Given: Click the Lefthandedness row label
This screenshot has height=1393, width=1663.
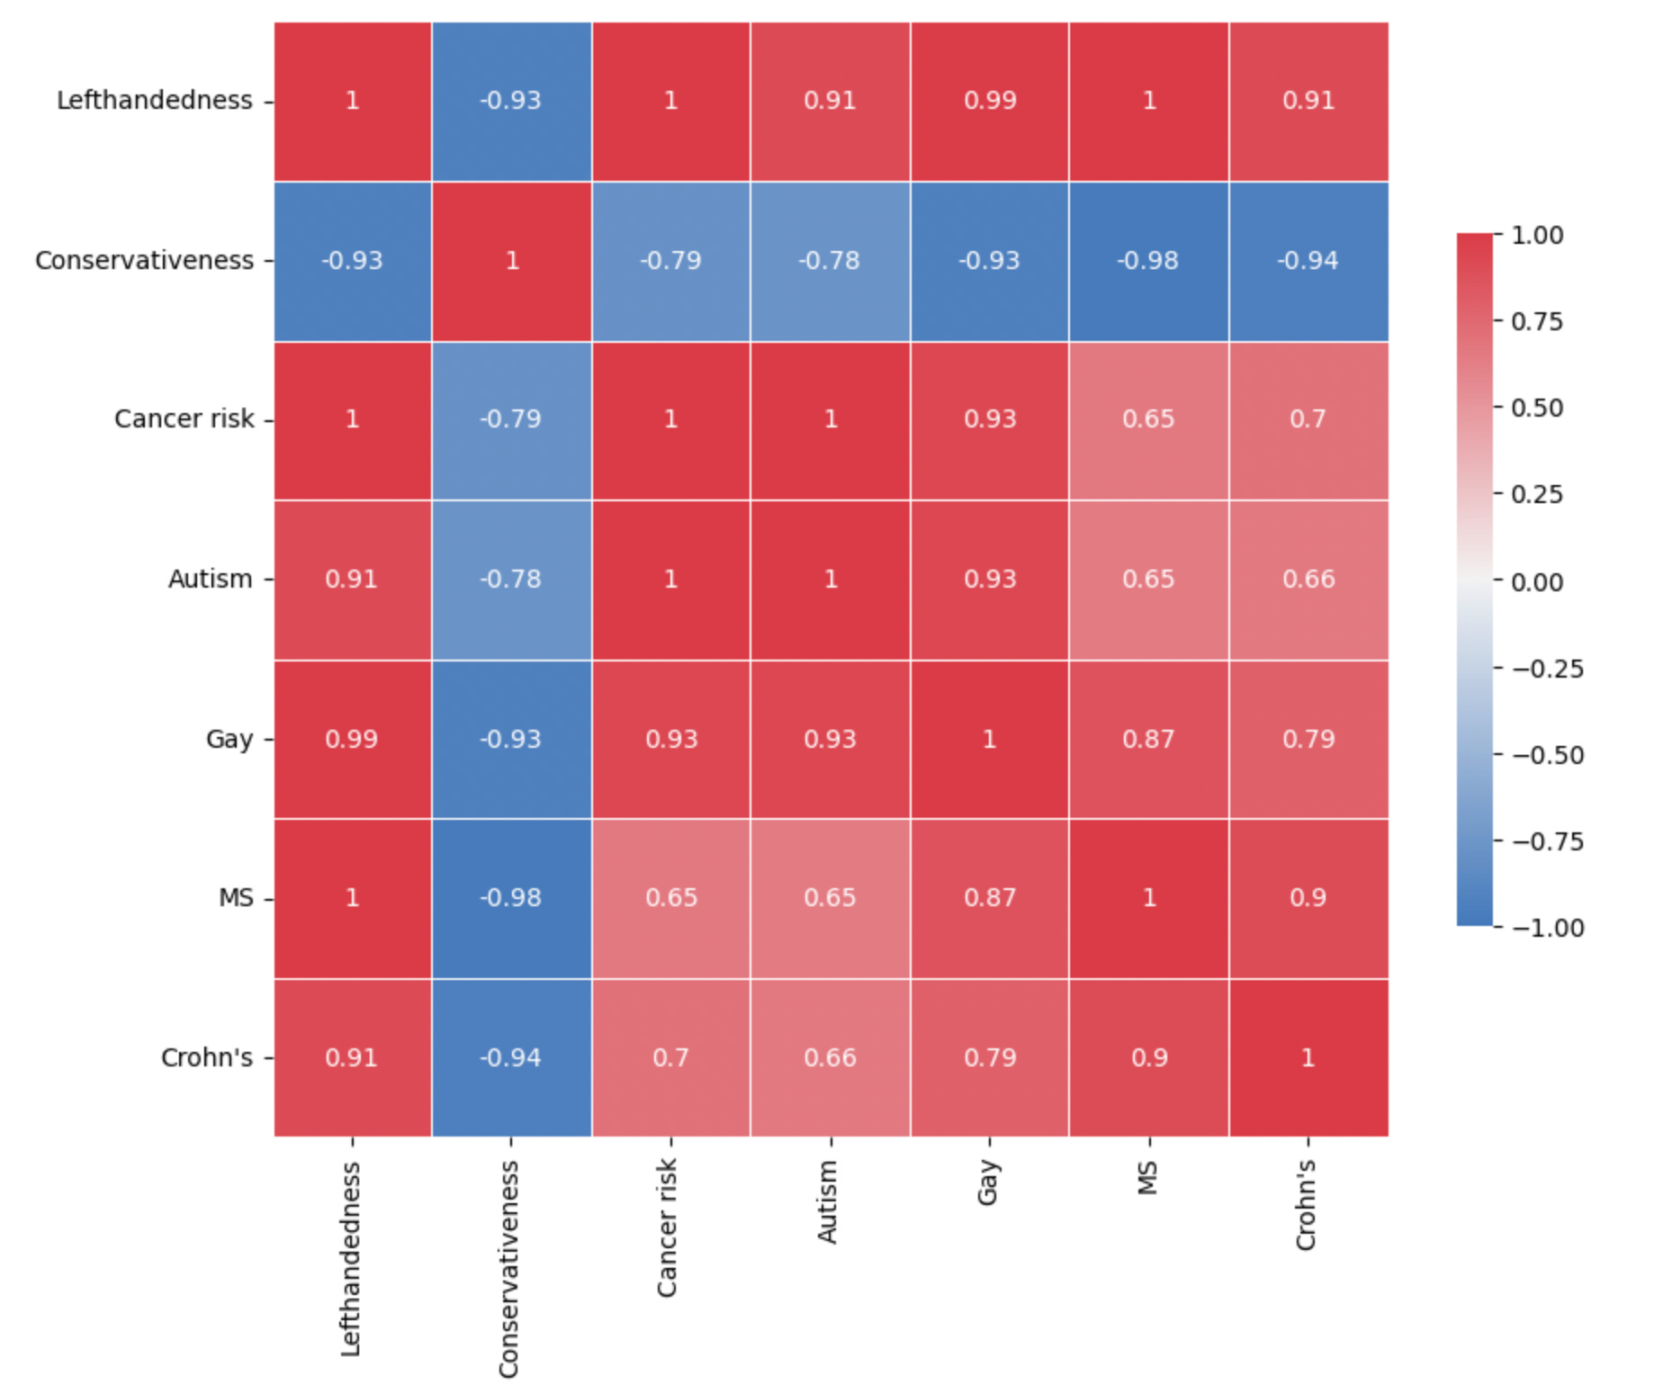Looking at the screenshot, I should (x=154, y=100).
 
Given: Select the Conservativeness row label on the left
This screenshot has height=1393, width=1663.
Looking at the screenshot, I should (x=144, y=260).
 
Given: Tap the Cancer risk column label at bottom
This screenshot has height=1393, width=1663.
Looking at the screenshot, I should (x=667, y=1227).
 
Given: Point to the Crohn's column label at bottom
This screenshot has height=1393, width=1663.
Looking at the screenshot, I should (x=1306, y=1205).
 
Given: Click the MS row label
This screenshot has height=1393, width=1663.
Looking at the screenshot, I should (x=236, y=898).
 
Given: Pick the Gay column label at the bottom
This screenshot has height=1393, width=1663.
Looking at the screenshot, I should (x=987, y=1182).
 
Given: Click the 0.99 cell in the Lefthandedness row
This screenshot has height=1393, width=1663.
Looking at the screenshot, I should (x=990, y=100).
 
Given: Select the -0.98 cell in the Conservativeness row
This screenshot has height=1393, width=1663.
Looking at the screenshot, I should (x=1148, y=260).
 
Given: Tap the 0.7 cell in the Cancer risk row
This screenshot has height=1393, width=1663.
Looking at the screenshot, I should (x=1308, y=419).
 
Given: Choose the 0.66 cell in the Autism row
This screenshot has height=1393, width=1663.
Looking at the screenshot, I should (x=1308, y=579).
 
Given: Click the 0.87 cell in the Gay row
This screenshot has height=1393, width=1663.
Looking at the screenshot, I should (x=1148, y=739).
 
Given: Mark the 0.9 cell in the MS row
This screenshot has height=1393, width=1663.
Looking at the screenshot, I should (x=1308, y=898).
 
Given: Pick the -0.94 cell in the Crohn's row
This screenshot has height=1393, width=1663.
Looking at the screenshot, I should (x=511, y=1057).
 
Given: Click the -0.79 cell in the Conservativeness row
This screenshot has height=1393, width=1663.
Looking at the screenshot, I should (x=670, y=260).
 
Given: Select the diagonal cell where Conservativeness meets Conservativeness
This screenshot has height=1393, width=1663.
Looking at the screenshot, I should (x=511, y=260).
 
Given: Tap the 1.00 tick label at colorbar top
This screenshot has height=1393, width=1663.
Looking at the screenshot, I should (x=1537, y=236).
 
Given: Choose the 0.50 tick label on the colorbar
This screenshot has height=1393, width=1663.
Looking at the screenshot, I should (x=1537, y=409).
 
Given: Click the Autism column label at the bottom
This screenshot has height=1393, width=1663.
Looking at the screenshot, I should (x=828, y=1202).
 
